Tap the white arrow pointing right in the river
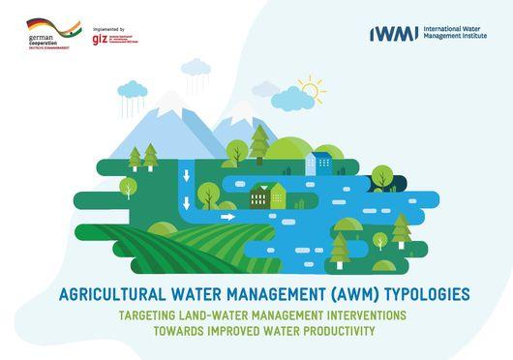pos(228,217)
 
